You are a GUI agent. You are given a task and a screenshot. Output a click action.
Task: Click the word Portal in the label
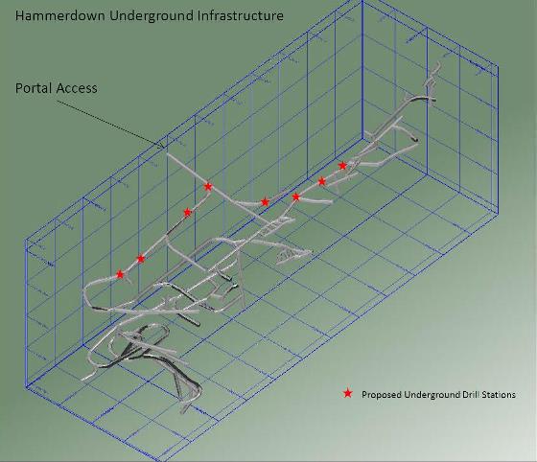(33, 88)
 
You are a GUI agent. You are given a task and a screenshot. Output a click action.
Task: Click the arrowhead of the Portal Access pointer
(161, 146)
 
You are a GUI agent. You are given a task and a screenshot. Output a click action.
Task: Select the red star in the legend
(347, 393)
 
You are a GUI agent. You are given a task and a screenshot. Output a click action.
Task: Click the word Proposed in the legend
(382, 395)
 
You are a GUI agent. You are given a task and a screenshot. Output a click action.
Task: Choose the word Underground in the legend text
(432, 395)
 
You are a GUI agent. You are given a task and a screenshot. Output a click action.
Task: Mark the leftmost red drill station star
(120, 274)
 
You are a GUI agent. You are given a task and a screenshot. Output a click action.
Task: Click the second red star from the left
(141, 259)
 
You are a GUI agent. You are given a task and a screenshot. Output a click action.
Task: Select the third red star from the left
(187, 213)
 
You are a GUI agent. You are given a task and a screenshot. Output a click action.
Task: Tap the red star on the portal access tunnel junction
(208, 187)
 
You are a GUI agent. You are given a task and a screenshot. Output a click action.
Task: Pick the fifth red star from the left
(265, 202)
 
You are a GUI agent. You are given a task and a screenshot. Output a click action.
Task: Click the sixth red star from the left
(296, 196)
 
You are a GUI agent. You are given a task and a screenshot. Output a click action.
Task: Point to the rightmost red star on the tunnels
(342, 166)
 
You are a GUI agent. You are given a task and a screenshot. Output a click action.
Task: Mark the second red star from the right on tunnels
(321, 181)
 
